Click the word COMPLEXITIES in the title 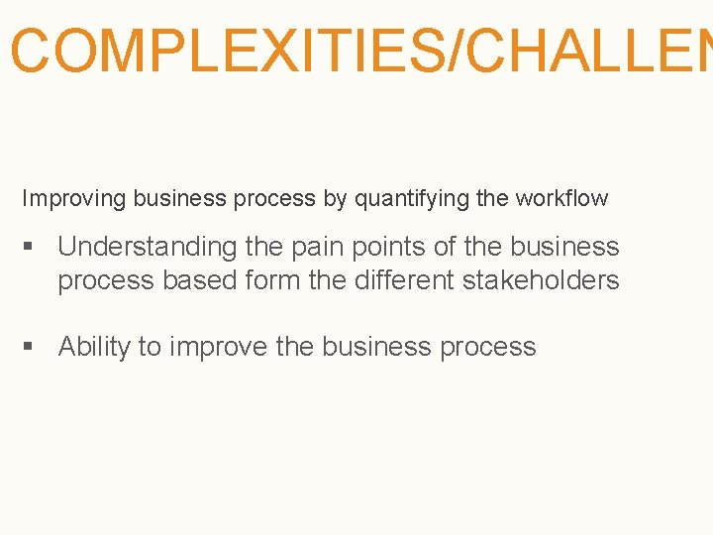point(226,51)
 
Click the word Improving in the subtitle point(74,198)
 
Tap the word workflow point(561,198)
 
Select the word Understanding point(148,247)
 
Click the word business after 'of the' point(564,247)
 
